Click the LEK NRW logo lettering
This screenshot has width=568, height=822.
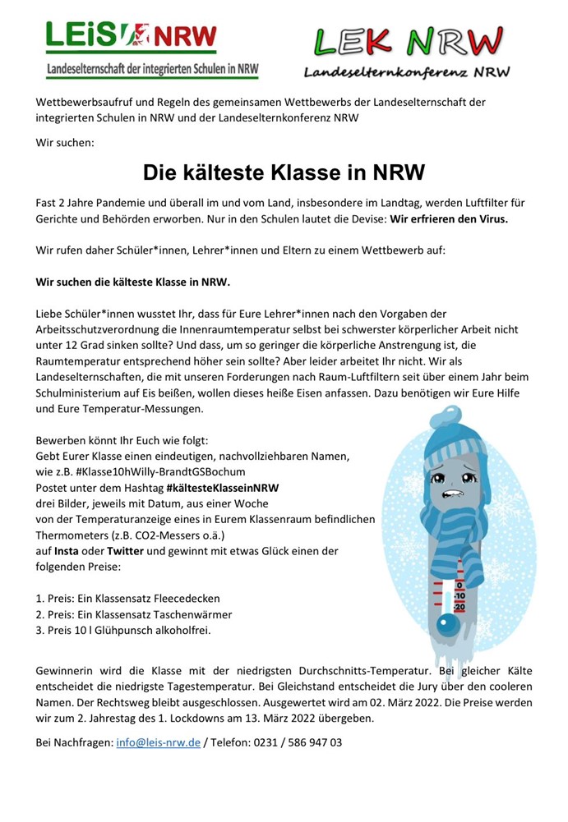[x=407, y=41]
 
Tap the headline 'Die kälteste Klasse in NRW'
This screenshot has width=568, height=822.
[x=284, y=173]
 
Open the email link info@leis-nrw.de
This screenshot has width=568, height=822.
[x=158, y=742]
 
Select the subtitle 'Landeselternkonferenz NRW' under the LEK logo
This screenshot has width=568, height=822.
[x=407, y=72]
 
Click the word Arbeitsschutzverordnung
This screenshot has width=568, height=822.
[x=102, y=328]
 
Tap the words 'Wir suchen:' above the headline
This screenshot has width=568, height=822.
[x=65, y=142]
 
